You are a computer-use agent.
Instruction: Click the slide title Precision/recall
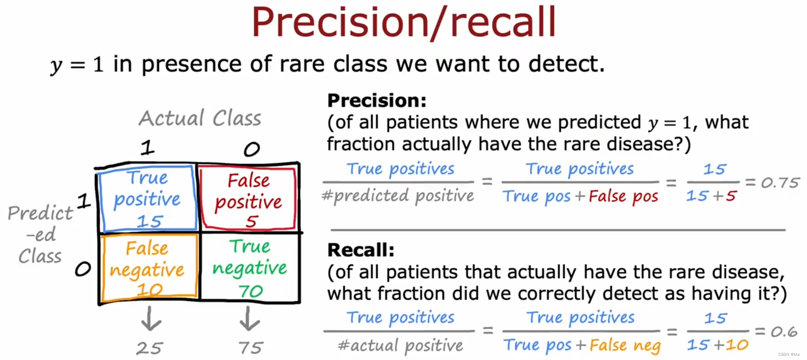coord(403,23)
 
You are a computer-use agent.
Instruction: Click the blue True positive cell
coord(147,198)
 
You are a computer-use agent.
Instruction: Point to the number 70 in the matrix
coord(251,291)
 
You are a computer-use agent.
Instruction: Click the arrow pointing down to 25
coord(151,318)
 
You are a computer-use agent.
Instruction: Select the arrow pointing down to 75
coord(249,318)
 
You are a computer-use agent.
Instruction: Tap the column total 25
coord(150,348)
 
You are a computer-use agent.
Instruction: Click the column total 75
coord(251,348)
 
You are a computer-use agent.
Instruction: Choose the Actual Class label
coord(200,118)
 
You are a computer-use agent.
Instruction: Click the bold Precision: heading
coord(377,101)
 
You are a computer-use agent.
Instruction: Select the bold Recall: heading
coord(361,250)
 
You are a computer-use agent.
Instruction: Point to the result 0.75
coord(780,183)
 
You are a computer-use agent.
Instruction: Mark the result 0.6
coord(784,332)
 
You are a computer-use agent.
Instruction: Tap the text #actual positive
coord(400,346)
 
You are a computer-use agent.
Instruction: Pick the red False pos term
coord(623,196)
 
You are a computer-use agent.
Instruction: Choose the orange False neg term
coord(625,346)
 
